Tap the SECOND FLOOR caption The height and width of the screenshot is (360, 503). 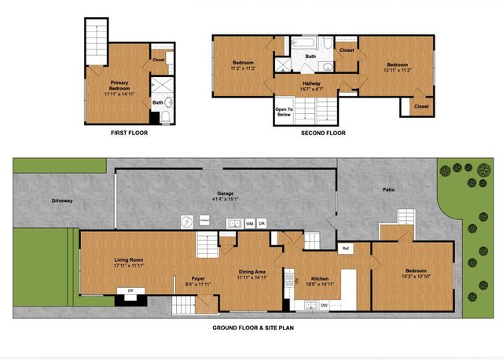click(x=323, y=133)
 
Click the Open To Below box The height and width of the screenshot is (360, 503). click(x=283, y=112)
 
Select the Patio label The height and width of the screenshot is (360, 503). click(x=389, y=189)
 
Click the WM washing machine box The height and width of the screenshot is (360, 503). click(x=249, y=224)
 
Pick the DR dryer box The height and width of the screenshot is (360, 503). click(x=263, y=224)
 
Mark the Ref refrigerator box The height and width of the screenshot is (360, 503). click(x=345, y=249)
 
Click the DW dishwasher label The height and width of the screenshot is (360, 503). click(x=324, y=305)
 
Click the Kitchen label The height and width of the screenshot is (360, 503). click(x=319, y=281)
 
